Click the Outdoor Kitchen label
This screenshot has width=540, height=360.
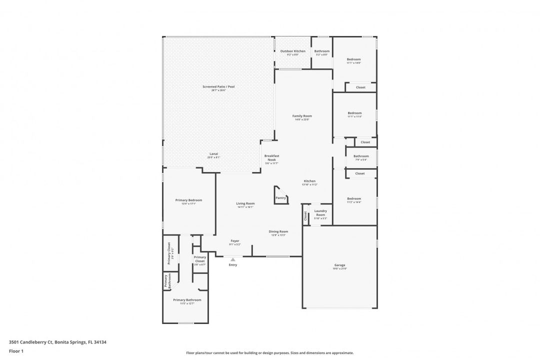[292, 51]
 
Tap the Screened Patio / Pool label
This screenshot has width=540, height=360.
[218, 87]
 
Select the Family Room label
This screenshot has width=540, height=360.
[302, 116]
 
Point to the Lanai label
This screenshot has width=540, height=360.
[213, 154]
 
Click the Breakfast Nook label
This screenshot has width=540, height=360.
[271, 158]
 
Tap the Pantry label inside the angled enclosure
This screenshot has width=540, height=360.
[280, 198]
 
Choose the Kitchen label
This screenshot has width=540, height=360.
[309, 181]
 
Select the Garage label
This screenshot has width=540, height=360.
[339, 265]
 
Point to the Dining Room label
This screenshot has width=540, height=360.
[278, 232]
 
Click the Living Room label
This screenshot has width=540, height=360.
[245, 204]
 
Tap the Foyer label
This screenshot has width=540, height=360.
[234, 241]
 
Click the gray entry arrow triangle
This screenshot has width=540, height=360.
[232, 259]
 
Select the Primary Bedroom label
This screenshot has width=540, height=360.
[188, 200]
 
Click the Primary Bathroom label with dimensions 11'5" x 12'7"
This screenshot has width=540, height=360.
[187, 300]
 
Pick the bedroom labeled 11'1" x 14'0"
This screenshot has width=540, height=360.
[353, 60]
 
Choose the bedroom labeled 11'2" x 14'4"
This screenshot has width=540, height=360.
[353, 199]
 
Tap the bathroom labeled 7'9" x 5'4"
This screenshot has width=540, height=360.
[360, 157]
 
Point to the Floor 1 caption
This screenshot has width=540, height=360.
[16, 351]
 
